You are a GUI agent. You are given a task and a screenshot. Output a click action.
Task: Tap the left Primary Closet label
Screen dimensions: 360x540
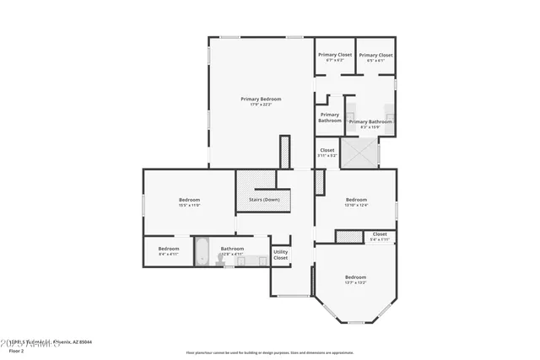[x=334, y=55]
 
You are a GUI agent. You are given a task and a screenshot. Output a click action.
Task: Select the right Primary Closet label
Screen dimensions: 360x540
[x=376, y=55]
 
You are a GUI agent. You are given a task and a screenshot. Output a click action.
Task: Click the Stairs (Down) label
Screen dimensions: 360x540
[x=264, y=200]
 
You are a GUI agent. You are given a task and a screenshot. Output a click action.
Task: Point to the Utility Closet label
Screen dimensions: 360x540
[x=281, y=254]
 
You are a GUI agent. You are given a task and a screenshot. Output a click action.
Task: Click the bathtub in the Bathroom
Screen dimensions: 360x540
[x=202, y=252]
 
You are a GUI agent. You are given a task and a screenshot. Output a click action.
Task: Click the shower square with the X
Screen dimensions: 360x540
[x=359, y=153]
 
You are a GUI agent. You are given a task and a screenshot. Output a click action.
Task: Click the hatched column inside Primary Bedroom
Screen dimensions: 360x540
[x=284, y=152]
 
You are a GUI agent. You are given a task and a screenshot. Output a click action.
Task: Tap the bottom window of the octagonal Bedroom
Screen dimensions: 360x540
[x=355, y=322]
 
